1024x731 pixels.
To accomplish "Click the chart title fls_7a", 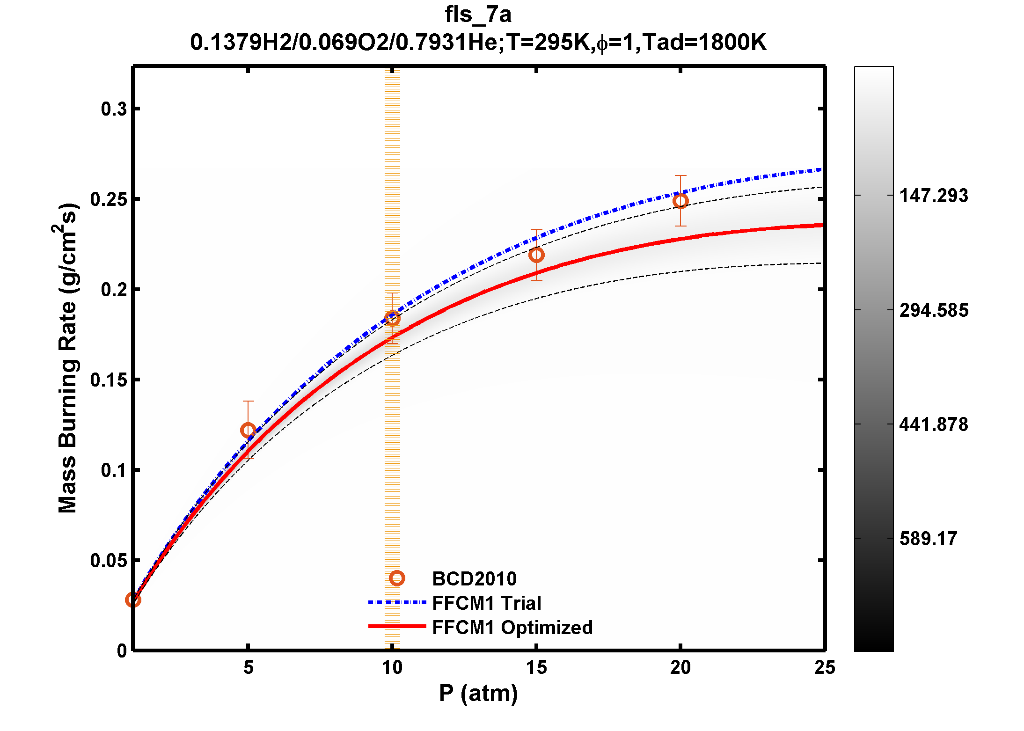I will click(x=478, y=15).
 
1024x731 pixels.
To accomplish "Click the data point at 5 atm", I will click(x=248, y=430).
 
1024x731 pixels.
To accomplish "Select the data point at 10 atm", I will click(x=392, y=319).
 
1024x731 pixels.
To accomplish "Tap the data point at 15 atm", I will click(x=536, y=255).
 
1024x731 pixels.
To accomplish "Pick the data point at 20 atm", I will click(x=680, y=201).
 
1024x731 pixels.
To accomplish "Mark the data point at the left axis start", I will click(x=133, y=600).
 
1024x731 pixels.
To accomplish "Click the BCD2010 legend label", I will click(x=474, y=579).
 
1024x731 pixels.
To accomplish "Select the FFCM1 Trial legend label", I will click(x=487, y=603).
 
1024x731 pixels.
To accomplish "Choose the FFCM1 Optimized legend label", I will click(x=512, y=628).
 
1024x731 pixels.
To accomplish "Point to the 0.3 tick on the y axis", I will click(x=114, y=109).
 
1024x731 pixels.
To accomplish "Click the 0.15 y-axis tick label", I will click(x=109, y=380).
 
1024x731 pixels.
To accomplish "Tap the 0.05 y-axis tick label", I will click(x=109, y=561).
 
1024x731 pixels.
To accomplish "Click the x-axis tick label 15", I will click(x=536, y=668).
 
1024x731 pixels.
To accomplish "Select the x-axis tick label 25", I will click(x=824, y=668).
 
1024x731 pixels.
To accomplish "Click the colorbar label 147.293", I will click(x=933, y=196).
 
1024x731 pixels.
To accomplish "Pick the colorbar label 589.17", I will click(x=928, y=539).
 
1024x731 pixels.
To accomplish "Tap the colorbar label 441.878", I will click(x=933, y=424).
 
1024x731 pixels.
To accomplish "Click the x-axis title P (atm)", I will click(x=478, y=693).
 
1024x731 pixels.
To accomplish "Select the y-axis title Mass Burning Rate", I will click(x=67, y=358).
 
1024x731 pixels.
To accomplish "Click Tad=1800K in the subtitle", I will click(x=704, y=43).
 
